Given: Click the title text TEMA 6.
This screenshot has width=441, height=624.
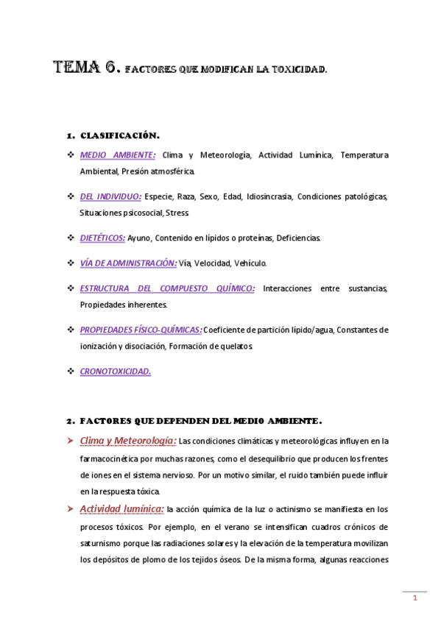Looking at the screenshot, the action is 87,69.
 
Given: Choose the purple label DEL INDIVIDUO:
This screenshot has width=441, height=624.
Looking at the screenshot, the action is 110,196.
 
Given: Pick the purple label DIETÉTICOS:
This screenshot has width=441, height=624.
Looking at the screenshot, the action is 102,238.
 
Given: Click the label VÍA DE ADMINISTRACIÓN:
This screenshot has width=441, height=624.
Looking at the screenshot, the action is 128,263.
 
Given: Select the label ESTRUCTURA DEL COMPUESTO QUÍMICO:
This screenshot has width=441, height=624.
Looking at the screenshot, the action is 167,288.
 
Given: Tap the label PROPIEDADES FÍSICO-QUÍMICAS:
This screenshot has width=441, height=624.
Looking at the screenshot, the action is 140,330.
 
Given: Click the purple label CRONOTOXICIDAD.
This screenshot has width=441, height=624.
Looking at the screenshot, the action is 115,371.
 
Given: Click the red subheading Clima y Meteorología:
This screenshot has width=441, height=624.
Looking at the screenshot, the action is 127,441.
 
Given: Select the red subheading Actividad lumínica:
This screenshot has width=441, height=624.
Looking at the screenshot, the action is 121,508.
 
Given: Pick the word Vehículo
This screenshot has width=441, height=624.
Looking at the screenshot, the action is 250,263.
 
